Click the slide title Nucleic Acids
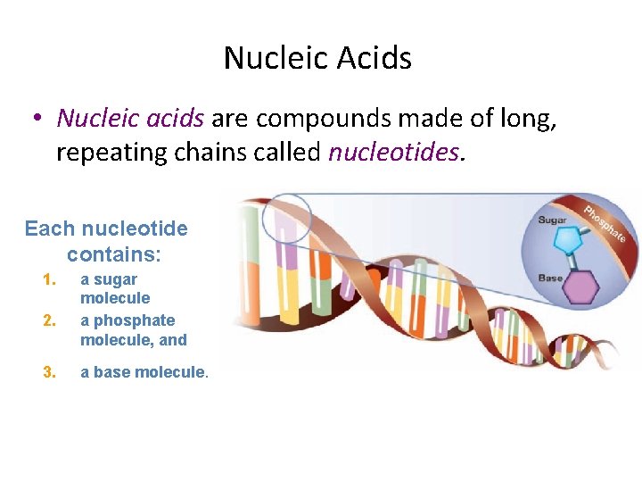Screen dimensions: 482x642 [317, 58]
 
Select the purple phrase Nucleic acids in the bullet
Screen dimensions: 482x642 [130, 118]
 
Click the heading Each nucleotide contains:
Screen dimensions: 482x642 [106, 241]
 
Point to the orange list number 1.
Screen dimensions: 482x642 [49, 280]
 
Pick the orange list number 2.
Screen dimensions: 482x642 [49, 320]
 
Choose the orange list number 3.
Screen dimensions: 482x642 [49, 372]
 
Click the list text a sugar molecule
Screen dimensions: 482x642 [115, 288]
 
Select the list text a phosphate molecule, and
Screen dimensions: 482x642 [133, 329]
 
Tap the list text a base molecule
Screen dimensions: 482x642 [144, 372]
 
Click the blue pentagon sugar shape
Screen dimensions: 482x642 [567, 240]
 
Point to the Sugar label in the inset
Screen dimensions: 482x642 [553, 220]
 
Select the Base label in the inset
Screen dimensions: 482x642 [550, 278]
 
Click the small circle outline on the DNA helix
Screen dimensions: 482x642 [287, 219]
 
